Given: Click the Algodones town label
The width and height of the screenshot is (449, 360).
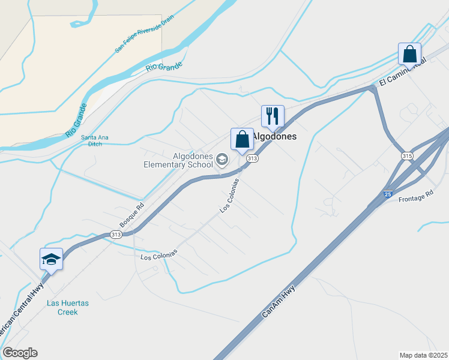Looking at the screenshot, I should coord(275,136).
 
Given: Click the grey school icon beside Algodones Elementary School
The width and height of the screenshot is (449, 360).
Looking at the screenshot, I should coord(222,159).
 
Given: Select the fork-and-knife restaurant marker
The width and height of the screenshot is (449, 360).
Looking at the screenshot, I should coord(272,115).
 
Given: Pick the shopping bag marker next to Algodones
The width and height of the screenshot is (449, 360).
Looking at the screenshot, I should coord(242,139).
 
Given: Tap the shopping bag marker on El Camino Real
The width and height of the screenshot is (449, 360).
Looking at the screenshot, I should coord(409,54).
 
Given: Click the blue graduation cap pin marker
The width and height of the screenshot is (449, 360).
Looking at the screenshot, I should coord(51,259).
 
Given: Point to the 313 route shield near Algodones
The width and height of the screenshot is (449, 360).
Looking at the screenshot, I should coord(252,158).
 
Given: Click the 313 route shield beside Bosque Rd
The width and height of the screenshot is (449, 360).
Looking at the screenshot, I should coord(116,235).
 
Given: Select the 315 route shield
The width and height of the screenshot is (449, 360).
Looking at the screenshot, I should coord(407,156).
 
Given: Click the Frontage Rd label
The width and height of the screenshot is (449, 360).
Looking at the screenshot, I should coord(415,195).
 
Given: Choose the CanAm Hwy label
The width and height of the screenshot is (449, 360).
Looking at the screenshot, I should coord(279,302).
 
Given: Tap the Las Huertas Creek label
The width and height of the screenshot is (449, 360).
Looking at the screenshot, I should coord(68,307).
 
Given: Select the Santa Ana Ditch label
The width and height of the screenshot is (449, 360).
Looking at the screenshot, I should coord(95,140).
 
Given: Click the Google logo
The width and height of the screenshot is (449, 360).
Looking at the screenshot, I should coord(20,353).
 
